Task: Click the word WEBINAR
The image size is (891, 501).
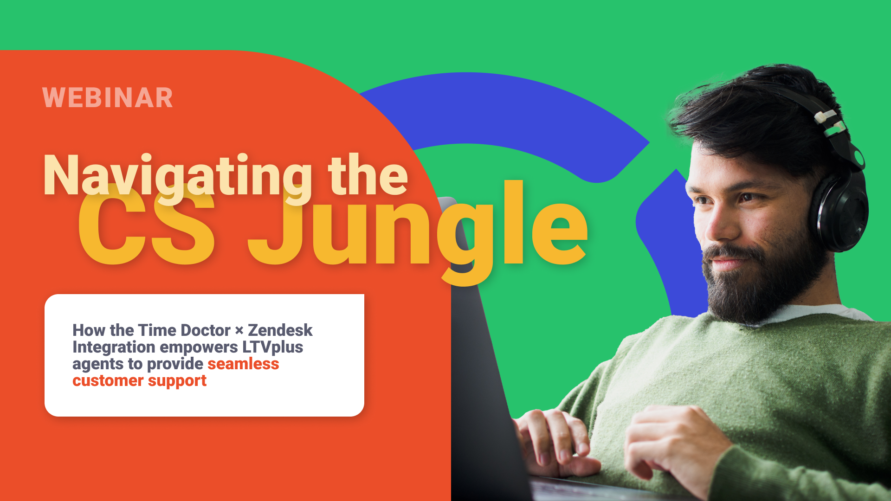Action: click(x=108, y=98)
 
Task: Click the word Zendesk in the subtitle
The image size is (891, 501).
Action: click(x=280, y=330)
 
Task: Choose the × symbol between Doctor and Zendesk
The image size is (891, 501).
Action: click(x=239, y=331)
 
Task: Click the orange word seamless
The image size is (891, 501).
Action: click(x=243, y=364)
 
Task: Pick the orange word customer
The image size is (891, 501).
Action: click(x=108, y=381)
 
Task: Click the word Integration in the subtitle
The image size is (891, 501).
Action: click(x=114, y=347)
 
